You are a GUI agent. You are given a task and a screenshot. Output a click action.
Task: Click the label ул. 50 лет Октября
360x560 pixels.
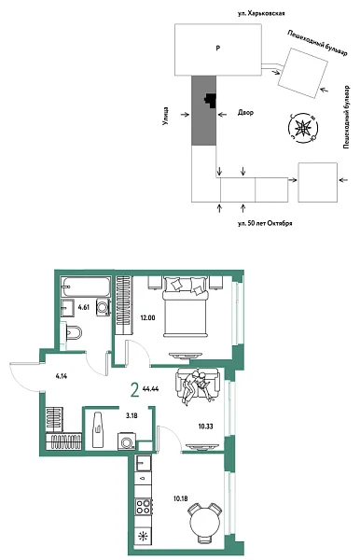(266, 223)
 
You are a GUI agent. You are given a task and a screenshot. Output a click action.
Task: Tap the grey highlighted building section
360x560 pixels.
(202, 111)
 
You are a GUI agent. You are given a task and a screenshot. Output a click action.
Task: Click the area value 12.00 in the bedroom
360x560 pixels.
(147, 317)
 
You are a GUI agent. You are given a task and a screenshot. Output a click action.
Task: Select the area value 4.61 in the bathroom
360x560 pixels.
(84, 306)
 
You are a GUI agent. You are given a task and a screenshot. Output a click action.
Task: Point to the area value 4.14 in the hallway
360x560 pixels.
(62, 376)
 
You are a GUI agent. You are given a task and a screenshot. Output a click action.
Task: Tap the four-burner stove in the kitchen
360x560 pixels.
(145, 509)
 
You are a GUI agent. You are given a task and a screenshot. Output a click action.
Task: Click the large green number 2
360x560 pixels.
(135, 390)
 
